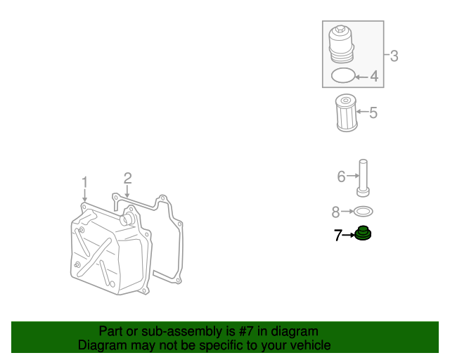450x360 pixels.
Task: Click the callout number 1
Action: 84,183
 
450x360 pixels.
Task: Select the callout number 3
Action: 394,56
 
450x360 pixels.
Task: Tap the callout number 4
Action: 374,76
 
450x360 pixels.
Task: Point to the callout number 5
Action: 373,112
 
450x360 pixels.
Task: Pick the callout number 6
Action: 341,176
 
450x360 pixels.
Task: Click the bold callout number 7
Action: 337,236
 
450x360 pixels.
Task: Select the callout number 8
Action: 336,211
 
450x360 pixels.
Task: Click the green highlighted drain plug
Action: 363,233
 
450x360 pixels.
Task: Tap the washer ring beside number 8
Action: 363,211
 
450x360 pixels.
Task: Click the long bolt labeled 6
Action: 364,178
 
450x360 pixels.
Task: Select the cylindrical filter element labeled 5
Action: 346,112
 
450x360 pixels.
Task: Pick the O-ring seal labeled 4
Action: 342,75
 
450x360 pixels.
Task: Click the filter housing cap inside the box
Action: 341,45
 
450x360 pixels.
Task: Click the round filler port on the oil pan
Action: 127,220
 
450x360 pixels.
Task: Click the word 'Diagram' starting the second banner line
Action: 101,345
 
